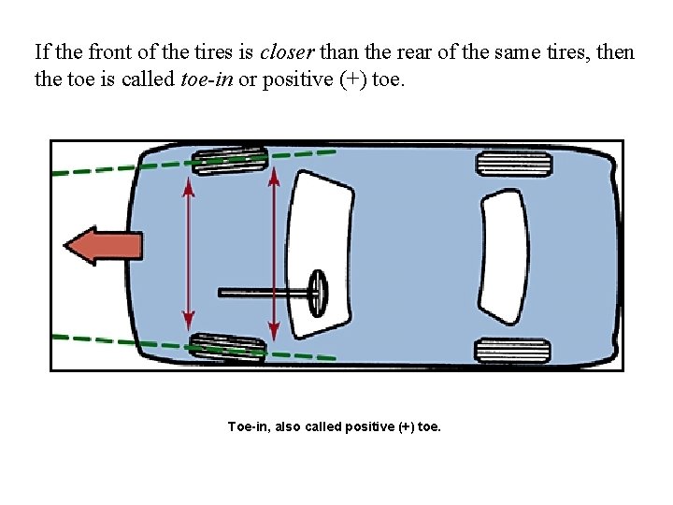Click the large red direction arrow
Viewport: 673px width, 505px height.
point(103,246)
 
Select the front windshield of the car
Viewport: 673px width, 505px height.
point(319,234)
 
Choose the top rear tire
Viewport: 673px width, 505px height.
point(513,165)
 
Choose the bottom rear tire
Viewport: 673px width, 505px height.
point(511,351)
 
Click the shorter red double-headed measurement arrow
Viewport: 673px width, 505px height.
point(188,252)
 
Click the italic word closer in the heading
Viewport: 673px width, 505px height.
point(288,51)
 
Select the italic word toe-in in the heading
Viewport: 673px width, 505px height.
point(205,79)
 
